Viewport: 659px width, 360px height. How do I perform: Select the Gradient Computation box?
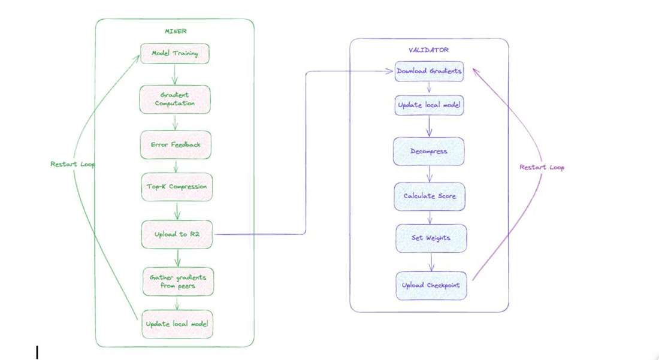click(x=175, y=99)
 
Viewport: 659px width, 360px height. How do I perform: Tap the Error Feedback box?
click(x=175, y=144)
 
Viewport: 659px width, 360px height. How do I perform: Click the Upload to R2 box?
click(x=177, y=234)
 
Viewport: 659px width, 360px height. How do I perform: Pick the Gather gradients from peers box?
click(x=177, y=281)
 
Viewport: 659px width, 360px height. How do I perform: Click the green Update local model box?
click(x=177, y=324)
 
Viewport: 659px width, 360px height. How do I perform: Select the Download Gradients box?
click(x=429, y=71)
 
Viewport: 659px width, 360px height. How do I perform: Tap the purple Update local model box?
click(x=429, y=105)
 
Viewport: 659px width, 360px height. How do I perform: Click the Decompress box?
click(x=429, y=151)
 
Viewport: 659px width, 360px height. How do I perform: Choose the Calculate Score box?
click(x=429, y=196)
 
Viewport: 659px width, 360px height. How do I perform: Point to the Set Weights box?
click(x=431, y=238)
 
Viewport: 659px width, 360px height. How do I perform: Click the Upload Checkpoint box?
click(x=432, y=285)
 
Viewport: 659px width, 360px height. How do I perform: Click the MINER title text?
click(x=175, y=31)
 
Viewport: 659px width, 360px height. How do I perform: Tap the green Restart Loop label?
click(x=72, y=164)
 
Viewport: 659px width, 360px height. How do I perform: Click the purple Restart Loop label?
click(x=542, y=167)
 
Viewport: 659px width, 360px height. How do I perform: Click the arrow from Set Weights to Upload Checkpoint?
click(x=431, y=262)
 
